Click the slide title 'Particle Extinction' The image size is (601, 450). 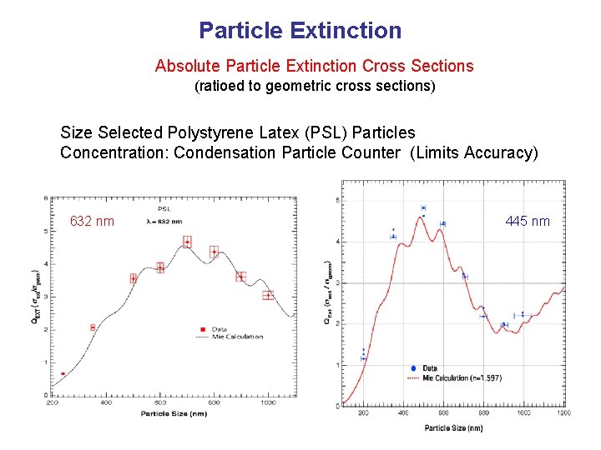(300, 32)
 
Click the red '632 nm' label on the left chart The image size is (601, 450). (92, 222)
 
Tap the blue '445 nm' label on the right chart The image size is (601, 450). (528, 221)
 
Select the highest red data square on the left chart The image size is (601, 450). (187, 242)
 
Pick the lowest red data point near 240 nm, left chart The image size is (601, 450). (63, 374)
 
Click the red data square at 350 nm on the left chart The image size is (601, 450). (93, 327)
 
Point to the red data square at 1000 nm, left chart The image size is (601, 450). (268, 295)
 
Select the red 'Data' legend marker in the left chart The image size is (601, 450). (204, 329)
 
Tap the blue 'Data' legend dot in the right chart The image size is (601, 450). (414, 368)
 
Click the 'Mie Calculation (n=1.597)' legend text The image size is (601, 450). (462, 377)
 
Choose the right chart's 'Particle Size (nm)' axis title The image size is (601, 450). (453, 427)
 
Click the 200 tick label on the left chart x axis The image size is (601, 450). (53, 402)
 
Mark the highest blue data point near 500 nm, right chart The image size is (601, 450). (423, 207)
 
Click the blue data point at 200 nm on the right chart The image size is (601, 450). (363, 357)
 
